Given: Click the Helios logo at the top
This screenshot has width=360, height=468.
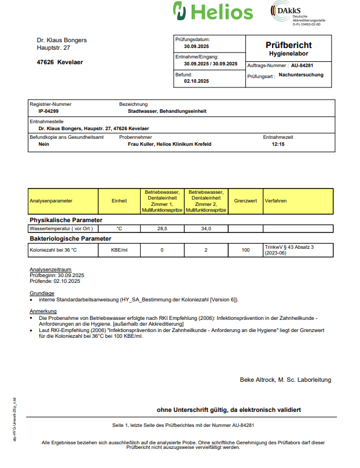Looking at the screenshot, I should coord(213,12).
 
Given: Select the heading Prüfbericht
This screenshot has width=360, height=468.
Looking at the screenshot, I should coord(288,45).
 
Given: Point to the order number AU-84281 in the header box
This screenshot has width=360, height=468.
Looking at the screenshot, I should coord(302,66).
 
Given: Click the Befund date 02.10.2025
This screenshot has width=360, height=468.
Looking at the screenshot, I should coord(196,82).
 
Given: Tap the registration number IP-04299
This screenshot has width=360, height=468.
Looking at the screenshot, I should coord(48,110).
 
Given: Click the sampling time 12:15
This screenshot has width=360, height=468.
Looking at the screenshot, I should coord(278,144).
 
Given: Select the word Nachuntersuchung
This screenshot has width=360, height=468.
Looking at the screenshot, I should coord(301,75).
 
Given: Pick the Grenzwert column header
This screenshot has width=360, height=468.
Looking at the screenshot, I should coord(245,201).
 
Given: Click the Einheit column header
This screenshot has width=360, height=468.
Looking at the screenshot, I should coord(119,201).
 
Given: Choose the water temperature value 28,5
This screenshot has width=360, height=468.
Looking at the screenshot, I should coord(162,229).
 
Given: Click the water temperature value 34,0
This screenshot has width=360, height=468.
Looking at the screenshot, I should coord(205,229).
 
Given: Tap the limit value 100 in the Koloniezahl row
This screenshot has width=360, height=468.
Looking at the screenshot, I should coord(245,250).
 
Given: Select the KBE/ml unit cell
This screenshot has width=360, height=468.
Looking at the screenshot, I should coord(119,250).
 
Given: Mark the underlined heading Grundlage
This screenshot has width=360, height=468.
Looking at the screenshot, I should coord(42,293).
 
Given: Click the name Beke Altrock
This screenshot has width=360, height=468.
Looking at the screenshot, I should coord(258,379).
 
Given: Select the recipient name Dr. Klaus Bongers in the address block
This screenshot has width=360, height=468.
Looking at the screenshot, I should coord(62,40).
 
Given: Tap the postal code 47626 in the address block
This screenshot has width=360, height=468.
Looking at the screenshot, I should coord(46,62).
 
